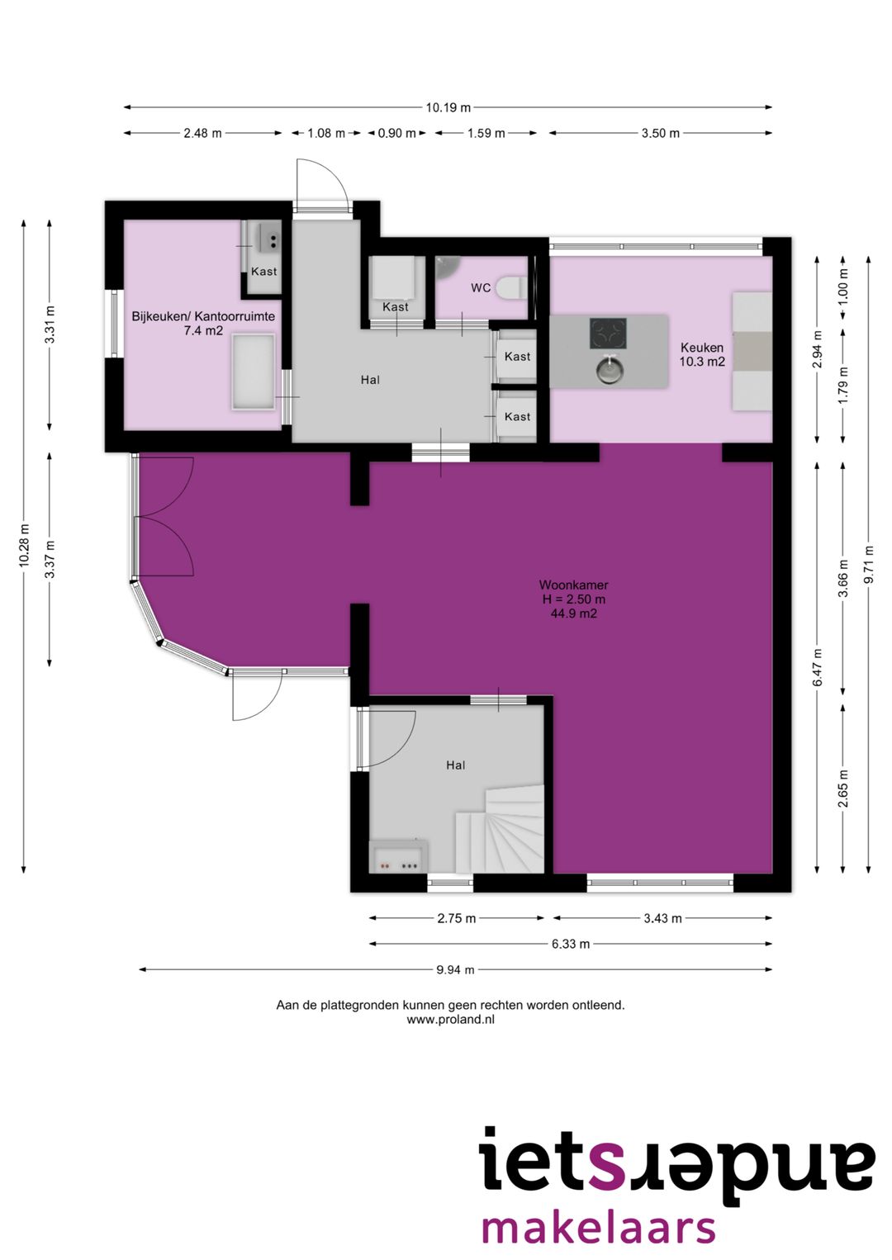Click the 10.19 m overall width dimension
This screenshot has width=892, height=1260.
448,107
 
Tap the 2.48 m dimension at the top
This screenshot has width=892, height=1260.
202,133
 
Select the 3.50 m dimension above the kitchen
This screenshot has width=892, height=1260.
660,133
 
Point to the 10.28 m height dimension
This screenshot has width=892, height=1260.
24,544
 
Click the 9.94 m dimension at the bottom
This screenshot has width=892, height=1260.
455,969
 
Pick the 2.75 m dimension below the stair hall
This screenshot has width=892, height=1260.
457,918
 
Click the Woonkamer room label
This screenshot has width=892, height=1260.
573,585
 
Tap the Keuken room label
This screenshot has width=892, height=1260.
702,348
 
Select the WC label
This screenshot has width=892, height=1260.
481,288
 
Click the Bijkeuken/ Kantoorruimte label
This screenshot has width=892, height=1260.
203,316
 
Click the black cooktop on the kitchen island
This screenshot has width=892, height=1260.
608,334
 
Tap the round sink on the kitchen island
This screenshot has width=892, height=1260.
609,372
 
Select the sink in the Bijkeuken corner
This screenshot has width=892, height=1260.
268,237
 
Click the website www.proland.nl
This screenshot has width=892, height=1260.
450,1019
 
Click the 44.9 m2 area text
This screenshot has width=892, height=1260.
573,613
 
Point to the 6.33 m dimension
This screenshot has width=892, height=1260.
571,944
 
